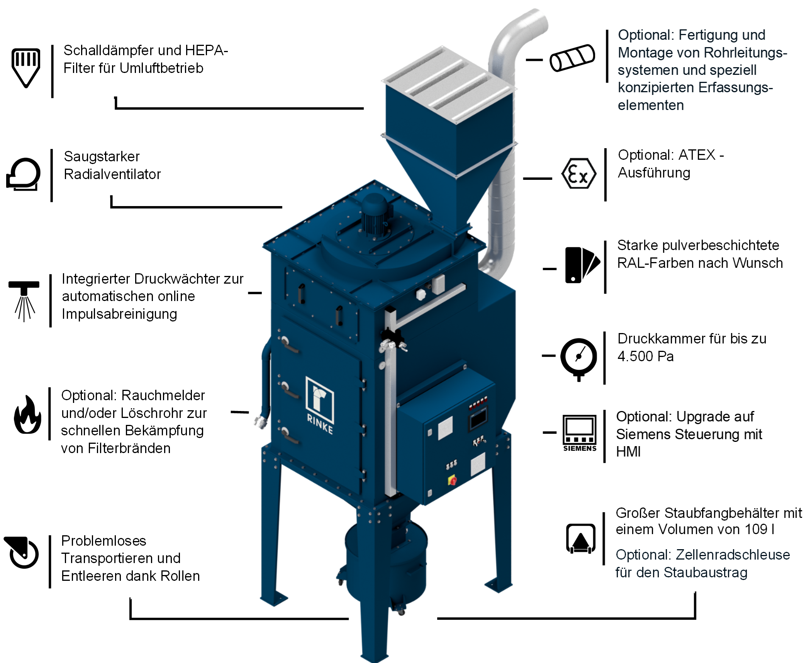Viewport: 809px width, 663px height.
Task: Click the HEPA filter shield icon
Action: pyautogui.click(x=26, y=67)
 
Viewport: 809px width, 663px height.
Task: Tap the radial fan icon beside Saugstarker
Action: pyautogui.click(x=24, y=174)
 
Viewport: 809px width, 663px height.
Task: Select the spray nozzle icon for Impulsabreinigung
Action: pyautogui.click(x=24, y=301)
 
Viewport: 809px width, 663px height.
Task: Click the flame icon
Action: pyautogui.click(x=27, y=414)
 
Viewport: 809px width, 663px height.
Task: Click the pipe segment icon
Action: pyautogui.click(x=572, y=58)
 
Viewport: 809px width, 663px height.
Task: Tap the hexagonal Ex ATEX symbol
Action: pyautogui.click(x=578, y=174)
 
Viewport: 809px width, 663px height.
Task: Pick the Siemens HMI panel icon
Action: pyautogui.click(x=580, y=433)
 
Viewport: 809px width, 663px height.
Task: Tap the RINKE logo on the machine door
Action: pyautogui.click(x=320, y=405)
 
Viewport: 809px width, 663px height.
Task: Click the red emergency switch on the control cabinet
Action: pyautogui.click(x=452, y=480)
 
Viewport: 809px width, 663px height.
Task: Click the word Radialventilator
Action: pyautogui.click(x=112, y=174)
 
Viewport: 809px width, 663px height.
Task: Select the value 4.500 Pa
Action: pyautogui.click(x=645, y=356)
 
